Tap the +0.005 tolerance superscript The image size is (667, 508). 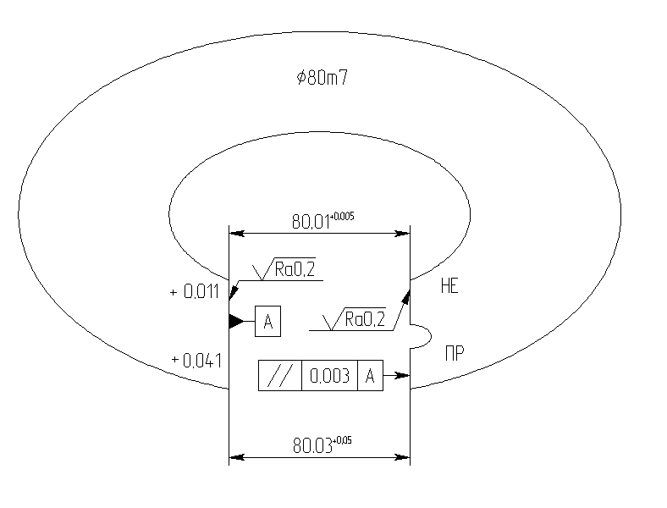click(343, 217)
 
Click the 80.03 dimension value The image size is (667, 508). click(312, 446)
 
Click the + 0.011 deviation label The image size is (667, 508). click(196, 293)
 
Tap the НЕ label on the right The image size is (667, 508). click(449, 287)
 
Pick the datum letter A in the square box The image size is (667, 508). click(267, 322)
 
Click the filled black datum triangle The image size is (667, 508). click(235, 322)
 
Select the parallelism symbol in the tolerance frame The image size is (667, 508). click(278, 377)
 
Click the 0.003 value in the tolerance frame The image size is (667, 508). click(329, 377)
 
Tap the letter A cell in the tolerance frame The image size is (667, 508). click(370, 377)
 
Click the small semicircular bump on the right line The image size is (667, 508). click(421, 336)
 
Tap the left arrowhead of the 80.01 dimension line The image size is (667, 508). click(234, 231)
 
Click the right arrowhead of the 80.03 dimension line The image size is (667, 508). click(405, 457)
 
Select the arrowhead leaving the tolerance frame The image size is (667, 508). click(404, 375)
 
